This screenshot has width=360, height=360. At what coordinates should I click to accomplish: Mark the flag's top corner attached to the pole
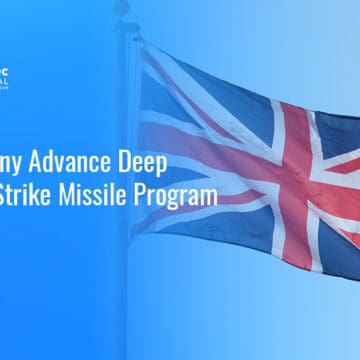pyautogui.click(x=140, y=45)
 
